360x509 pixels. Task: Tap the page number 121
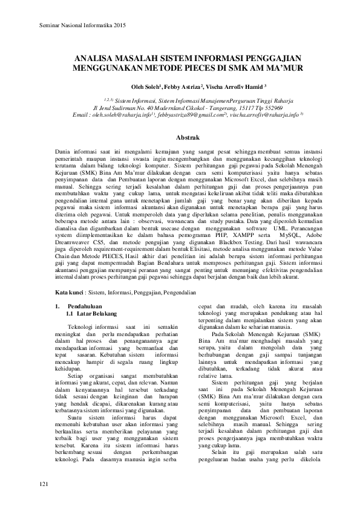pyautogui.click(x=43, y=485)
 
